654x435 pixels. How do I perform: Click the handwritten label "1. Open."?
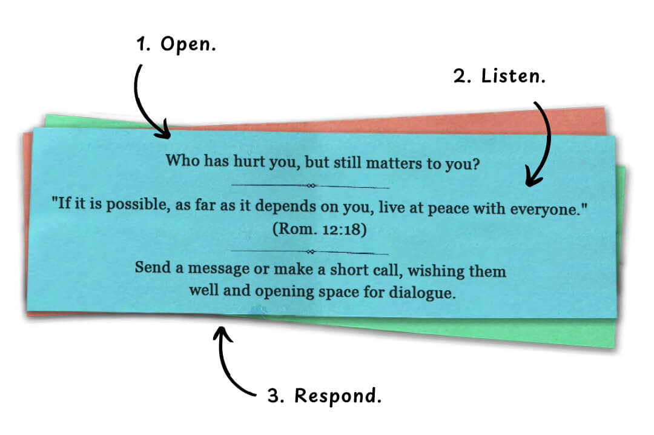[x=176, y=45]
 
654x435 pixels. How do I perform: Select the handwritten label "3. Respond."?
[x=325, y=396]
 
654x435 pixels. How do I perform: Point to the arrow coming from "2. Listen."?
[x=544, y=145]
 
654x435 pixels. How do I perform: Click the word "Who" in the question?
[x=180, y=161]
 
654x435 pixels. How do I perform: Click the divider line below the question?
[x=311, y=185]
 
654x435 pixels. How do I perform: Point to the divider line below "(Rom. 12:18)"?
[x=310, y=251]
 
